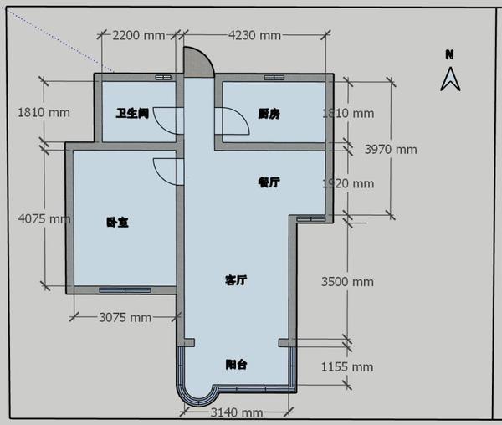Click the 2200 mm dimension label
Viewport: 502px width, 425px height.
(x=139, y=35)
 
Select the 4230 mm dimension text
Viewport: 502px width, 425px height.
(x=254, y=35)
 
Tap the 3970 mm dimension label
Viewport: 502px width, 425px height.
(x=391, y=150)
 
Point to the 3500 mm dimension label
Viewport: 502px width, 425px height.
(x=347, y=282)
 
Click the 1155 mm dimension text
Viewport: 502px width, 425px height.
(x=347, y=367)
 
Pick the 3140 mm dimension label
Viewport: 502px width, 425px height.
(x=237, y=412)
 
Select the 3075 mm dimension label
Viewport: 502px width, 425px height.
(x=125, y=317)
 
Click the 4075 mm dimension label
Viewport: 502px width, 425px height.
(x=44, y=219)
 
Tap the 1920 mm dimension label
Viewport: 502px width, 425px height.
(x=348, y=184)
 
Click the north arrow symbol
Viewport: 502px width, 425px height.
(x=450, y=79)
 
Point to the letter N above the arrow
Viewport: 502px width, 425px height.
(x=450, y=54)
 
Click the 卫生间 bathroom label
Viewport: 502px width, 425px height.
(x=132, y=113)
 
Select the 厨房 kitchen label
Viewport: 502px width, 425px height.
(x=269, y=114)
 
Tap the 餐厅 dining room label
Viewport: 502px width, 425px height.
(x=269, y=182)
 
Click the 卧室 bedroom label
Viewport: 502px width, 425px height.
(x=117, y=222)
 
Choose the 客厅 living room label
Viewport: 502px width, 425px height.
(x=236, y=280)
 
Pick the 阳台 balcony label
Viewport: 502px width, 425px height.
(x=236, y=365)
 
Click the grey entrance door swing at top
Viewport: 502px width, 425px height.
(x=197, y=63)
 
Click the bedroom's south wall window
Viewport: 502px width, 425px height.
(x=125, y=290)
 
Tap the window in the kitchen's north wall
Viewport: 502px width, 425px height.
(x=274, y=78)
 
